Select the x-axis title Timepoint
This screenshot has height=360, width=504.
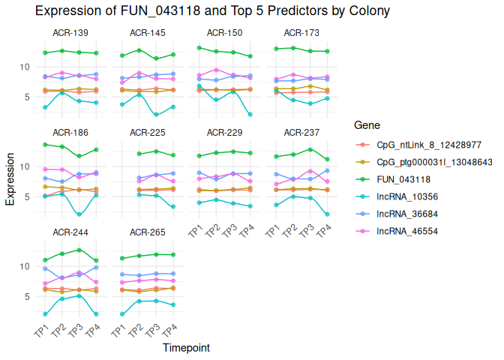click(186, 348)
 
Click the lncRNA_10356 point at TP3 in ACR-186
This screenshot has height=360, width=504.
click(79, 214)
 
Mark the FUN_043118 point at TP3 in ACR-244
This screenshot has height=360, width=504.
click(79, 250)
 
